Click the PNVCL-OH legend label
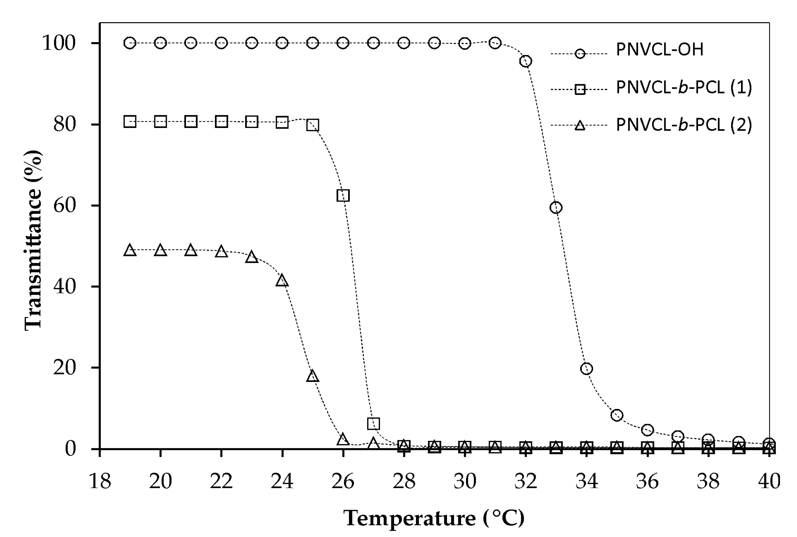pos(659,50)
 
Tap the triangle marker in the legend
pos(580,125)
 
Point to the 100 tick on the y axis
pos(58,43)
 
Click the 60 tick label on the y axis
pos(64,205)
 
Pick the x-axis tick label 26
pos(343,481)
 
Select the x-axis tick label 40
pos(769,481)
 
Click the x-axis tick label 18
pos(100,481)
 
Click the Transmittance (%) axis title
pos(33,240)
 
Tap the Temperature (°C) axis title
pos(434,518)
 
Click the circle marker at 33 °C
pos(556,207)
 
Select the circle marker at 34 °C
pos(586,369)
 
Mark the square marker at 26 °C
pos(343,196)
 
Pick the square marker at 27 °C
pos(374,423)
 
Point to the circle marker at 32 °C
pos(526,61)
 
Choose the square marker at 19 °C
pos(130,122)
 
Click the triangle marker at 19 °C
pos(130,250)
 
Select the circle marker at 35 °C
pos(617,415)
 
